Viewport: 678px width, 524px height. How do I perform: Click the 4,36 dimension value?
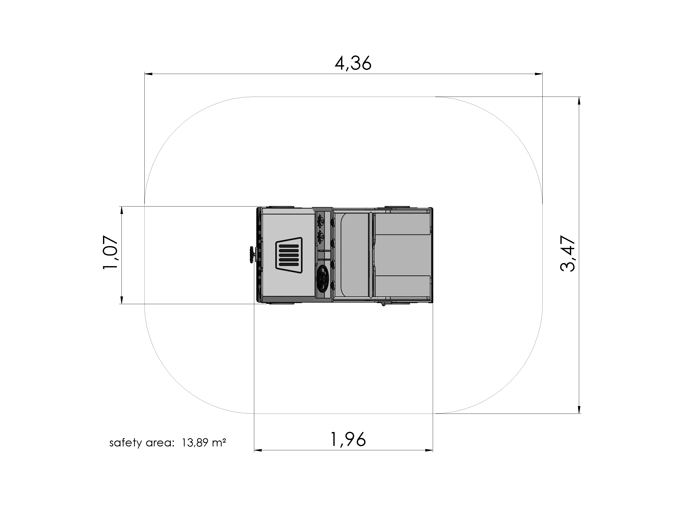353,64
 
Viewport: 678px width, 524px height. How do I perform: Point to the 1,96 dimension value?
348,439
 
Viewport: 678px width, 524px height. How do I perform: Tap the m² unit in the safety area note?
219,442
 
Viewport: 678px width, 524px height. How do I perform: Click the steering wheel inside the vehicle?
323,278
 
